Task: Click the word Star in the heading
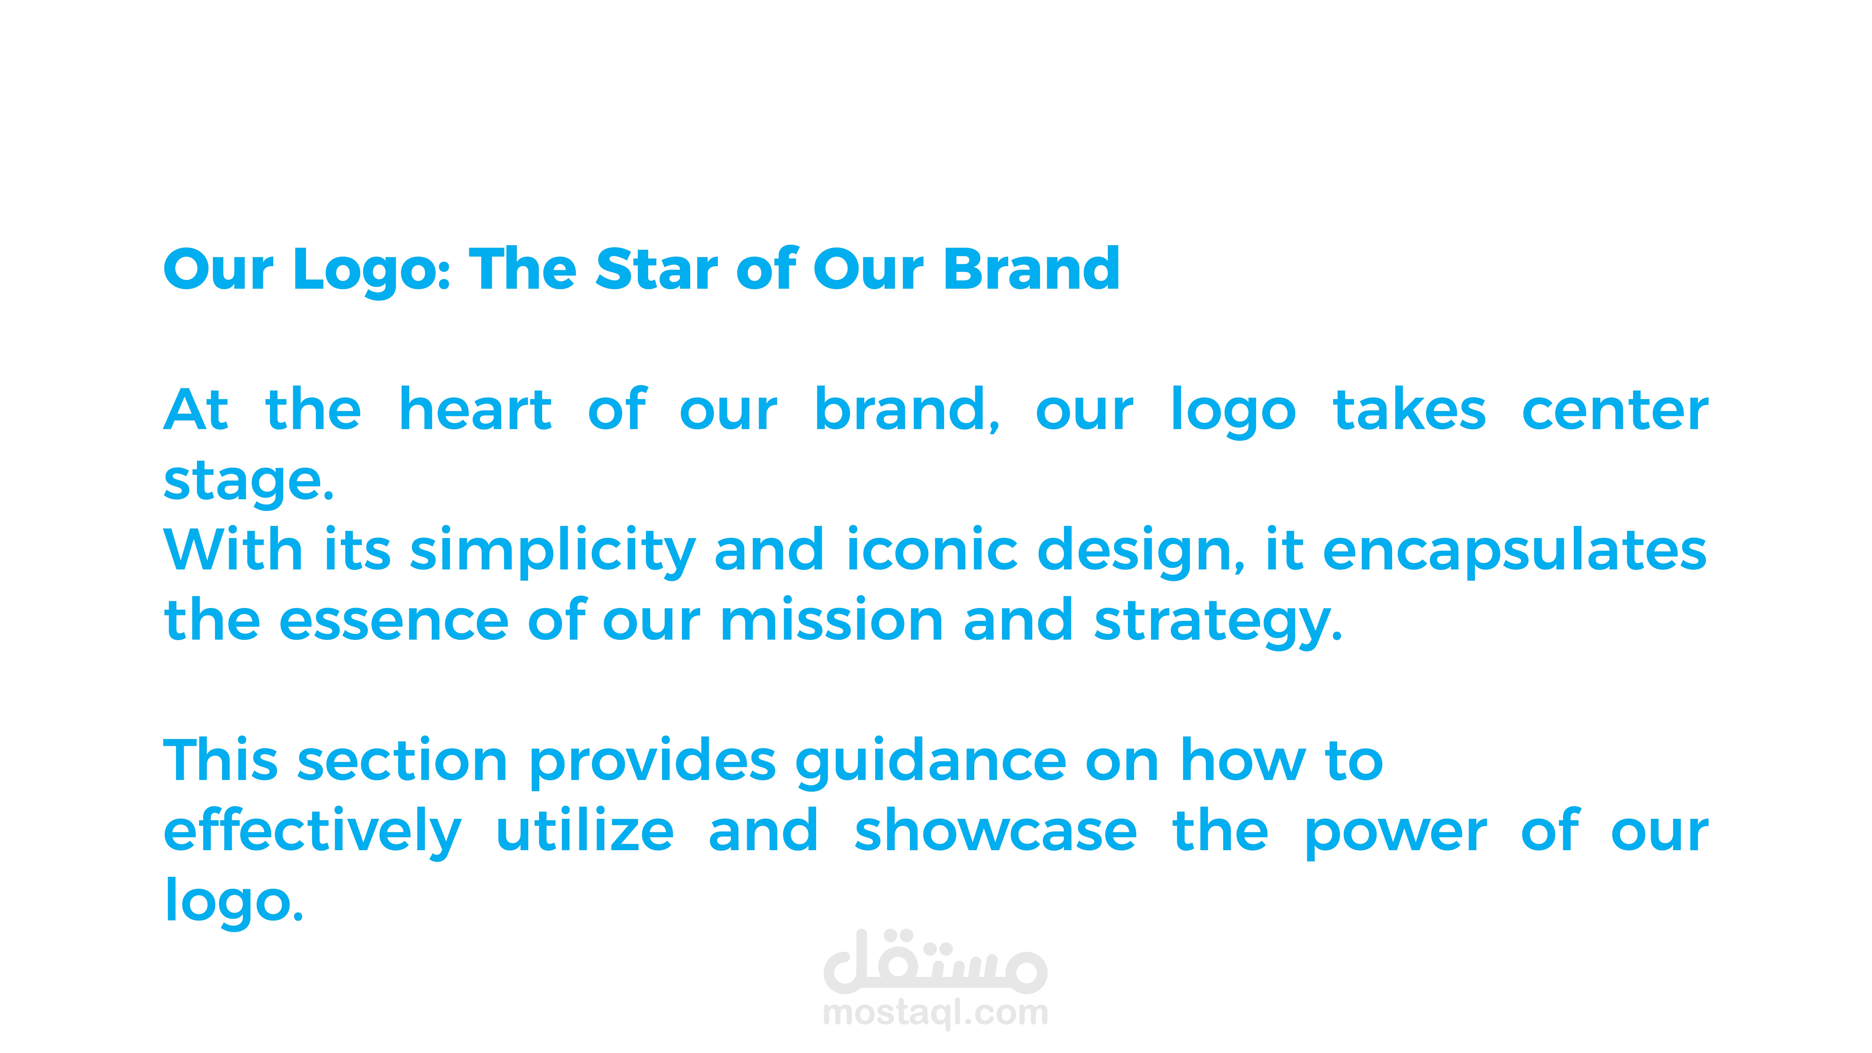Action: point(657,269)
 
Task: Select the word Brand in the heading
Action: point(1032,269)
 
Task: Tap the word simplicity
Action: point(553,551)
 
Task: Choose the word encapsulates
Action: point(1514,551)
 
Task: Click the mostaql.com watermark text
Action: point(935,1013)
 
